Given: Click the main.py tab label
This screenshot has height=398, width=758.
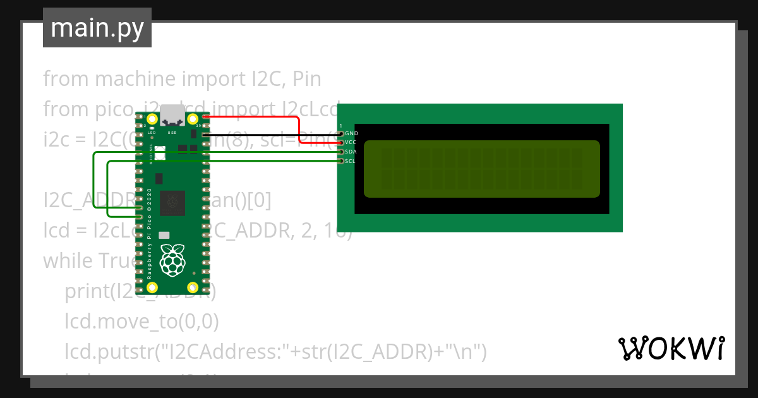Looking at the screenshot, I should coord(97,28).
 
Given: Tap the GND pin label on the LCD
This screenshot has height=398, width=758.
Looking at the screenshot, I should coord(351,134).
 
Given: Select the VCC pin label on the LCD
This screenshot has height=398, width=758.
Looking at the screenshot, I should coord(351,143).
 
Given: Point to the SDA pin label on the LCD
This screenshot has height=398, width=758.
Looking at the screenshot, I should coord(351,152).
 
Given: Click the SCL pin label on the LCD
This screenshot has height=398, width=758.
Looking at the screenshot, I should coord(351,161).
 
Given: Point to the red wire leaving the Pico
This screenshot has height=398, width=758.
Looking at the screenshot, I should coord(253,117).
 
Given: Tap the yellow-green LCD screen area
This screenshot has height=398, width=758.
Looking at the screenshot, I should coord(481,168).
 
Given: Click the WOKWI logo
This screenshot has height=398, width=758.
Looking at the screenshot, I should coord(671,348).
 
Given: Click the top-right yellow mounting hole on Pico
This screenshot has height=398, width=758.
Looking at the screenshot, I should coord(193,118).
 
